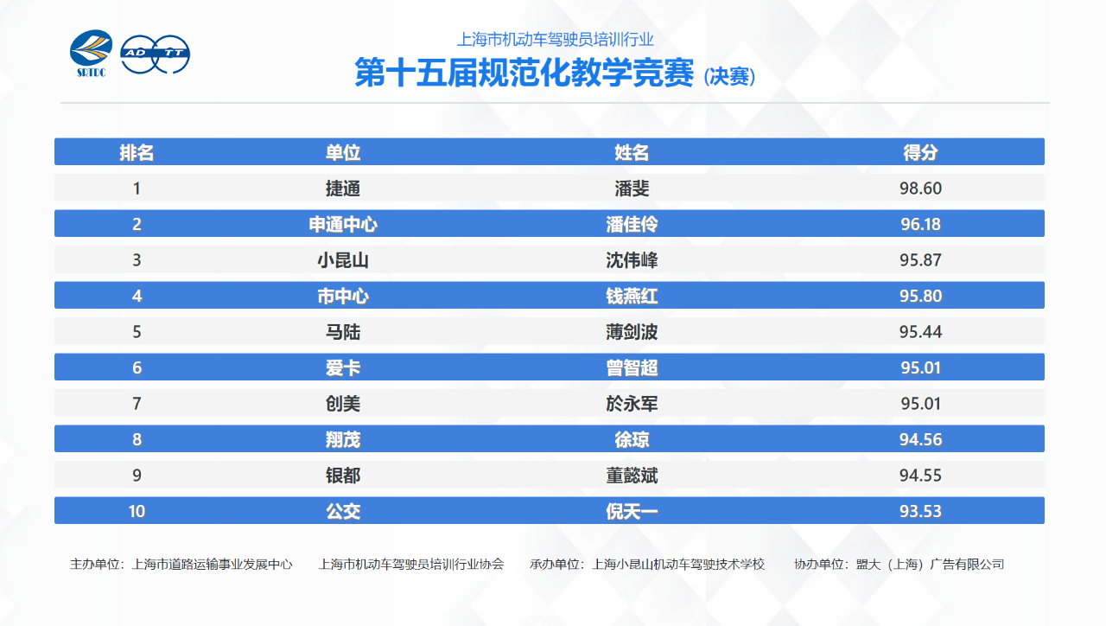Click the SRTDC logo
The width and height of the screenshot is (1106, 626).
click(x=92, y=54)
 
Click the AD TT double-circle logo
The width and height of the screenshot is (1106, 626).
click(x=155, y=54)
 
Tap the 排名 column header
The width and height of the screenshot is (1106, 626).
click(x=137, y=152)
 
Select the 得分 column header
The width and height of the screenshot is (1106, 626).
click(x=920, y=152)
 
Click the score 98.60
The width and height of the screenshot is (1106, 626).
click(x=920, y=188)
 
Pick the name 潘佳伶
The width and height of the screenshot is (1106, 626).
click(x=632, y=224)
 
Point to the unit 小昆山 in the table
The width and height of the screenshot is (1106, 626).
click(x=343, y=260)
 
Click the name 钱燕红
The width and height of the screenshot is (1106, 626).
click(x=632, y=296)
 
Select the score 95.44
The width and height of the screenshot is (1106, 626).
click(x=920, y=331)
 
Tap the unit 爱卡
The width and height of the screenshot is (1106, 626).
click(x=343, y=367)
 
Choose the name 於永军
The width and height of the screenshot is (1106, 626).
click(x=632, y=404)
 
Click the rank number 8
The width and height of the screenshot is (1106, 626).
click(x=137, y=439)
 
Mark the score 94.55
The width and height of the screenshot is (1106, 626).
click(x=920, y=476)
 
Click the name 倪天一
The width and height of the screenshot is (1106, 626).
click(x=632, y=511)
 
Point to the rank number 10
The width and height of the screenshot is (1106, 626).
click(x=137, y=511)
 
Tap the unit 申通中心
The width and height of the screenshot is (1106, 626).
click(x=343, y=224)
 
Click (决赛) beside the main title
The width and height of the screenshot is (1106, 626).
click(x=729, y=77)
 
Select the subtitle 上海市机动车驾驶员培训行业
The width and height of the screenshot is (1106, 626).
click(x=555, y=40)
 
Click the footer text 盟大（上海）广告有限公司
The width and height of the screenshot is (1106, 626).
click(x=931, y=565)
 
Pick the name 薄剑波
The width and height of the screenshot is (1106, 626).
click(x=632, y=332)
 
